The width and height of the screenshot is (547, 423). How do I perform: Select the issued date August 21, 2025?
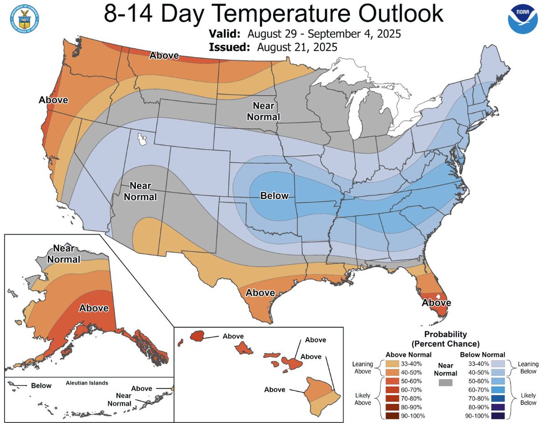coord(297,47)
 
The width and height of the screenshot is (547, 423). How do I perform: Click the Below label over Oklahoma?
coord(274,196)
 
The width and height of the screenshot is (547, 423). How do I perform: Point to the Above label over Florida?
coord(436,302)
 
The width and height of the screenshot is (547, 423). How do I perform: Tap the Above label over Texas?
coord(260,292)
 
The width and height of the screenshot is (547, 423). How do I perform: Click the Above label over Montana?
coord(164,55)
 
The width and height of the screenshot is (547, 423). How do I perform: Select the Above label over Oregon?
coord(53,100)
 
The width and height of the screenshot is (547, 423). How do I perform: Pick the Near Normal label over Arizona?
coord(143,192)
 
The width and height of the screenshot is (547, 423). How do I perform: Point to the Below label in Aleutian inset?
coord(41,386)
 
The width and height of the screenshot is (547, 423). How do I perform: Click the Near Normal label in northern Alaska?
coord(67,254)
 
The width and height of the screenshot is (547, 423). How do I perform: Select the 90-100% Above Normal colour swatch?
coord(392,416)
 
